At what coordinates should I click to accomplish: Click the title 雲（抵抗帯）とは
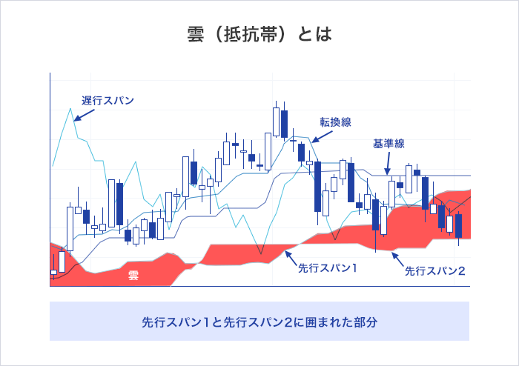pos(259,35)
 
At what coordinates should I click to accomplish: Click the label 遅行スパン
pos(108,100)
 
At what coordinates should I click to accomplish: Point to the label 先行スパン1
pos(327,267)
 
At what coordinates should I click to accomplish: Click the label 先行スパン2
pos(435,271)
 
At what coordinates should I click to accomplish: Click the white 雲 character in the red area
pos(133,276)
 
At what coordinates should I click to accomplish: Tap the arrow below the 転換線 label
pos(316,137)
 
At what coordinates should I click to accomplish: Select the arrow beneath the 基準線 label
pos(387,167)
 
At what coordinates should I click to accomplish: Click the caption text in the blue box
pos(259,322)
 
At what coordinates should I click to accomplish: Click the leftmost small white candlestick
pos(53,273)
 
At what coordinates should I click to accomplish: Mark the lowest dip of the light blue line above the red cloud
pos(260,253)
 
